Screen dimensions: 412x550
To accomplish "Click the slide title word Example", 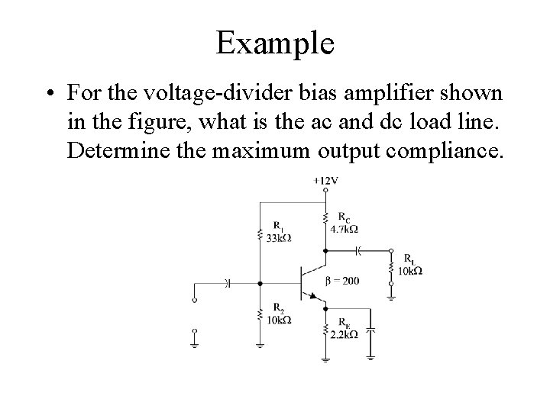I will click(x=275, y=43).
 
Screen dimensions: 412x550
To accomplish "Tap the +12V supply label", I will click(x=326, y=181).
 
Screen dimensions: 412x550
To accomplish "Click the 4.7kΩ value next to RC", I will click(x=345, y=228).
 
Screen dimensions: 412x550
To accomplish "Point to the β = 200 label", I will click(x=341, y=281).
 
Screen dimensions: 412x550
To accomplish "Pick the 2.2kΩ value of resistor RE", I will click(x=345, y=335).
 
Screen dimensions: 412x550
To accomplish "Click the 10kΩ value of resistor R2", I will click(x=278, y=320).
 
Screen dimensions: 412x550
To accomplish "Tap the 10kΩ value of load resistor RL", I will click(x=409, y=270).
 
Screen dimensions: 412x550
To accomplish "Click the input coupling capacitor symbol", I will click(x=228, y=283).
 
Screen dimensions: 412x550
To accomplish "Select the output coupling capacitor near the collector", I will click(x=357, y=249).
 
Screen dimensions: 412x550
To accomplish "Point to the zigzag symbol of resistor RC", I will click(x=326, y=220).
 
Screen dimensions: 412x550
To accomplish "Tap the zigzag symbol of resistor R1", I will click(x=260, y=232).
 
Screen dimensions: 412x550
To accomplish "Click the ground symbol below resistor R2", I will click(x=260, y=344).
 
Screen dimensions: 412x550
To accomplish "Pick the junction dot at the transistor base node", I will click(x=260, y=283).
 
